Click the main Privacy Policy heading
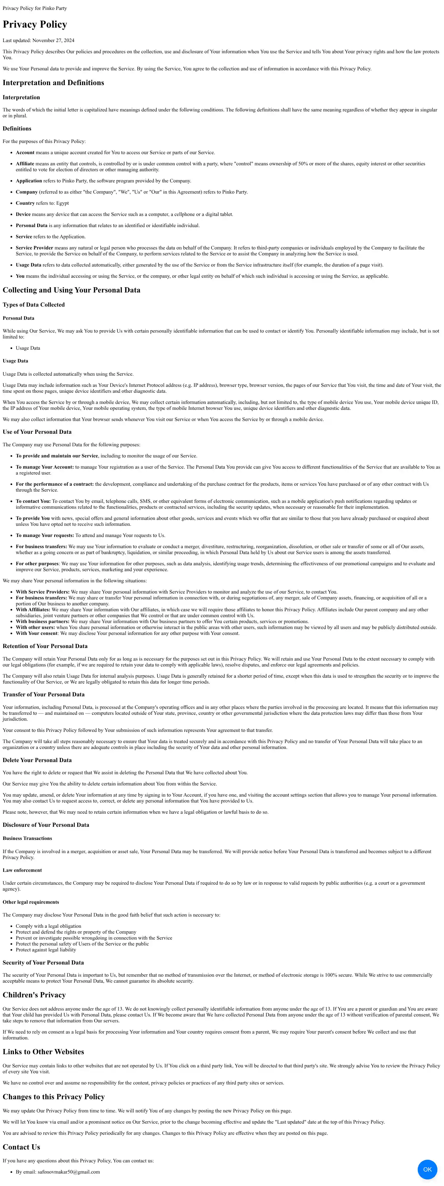pyautogui.click(x=35, y=24)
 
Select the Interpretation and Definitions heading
pyautogui.click(x=53, y=83)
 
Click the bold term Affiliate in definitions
pyautogui.click(x=25, y=163)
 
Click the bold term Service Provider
pyautogui.click(x=35, y=248)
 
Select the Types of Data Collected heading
pyautogui.click(x=34, y=305)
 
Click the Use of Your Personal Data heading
pyautogui.click(x=37, y=432)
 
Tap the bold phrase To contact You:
pyautogui.click(x=33, y=501)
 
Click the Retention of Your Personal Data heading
pyautogui.click(x=45, y=646)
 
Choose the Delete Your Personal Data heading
pyautogui.click(x=37, y=760)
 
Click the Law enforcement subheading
pyautogui.click(x=22, y=870)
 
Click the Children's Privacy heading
pyautogui.click(x=34, y=994)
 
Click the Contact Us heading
pyautogui.click(x=21, y=1147)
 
